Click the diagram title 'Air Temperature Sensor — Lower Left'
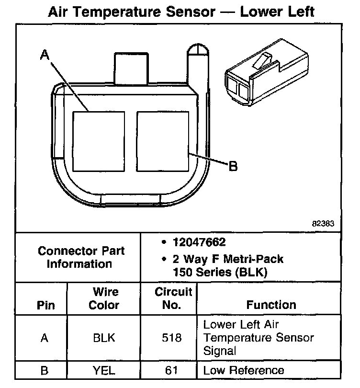(181, 11)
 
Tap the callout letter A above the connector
(45, 56)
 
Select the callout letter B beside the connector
(233, 166)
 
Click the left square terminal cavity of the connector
(98, 141)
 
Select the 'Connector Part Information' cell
(81, 257)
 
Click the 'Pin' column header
(45, 305)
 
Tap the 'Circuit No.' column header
(173, 298)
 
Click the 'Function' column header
(271, 305)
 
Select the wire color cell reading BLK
(104, 338)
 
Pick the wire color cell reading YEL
(104, 370)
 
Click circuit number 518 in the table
(172, 338)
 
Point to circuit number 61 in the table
(172, 370)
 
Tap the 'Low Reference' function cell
(244, 370)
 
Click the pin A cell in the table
(45, 338)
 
